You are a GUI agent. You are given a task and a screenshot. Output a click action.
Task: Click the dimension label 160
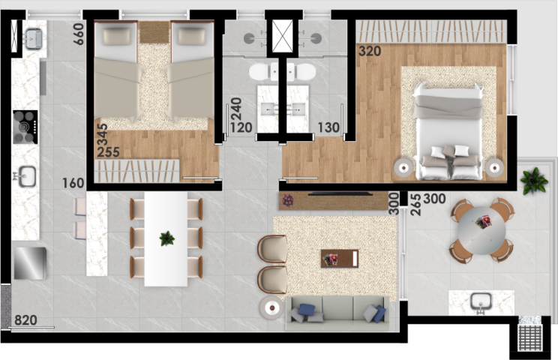click(73, 182)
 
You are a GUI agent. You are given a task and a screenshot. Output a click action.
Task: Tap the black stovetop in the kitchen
click(25, 126)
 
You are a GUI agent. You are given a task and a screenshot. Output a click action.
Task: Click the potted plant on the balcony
click(534, 181)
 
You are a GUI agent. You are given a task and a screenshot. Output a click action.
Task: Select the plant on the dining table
click(166, 238)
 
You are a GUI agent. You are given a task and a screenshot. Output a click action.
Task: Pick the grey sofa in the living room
click(337, 310)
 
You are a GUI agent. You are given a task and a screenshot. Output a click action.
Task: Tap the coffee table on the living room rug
click(340, 258)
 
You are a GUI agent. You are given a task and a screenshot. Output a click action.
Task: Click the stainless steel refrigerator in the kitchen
click(30, 263)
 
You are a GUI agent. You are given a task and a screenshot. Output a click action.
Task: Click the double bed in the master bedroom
click(448, 132)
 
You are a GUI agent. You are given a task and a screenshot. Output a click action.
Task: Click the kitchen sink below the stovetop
click(26, 178)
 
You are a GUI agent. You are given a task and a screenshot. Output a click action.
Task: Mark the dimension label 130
click(328, 128)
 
